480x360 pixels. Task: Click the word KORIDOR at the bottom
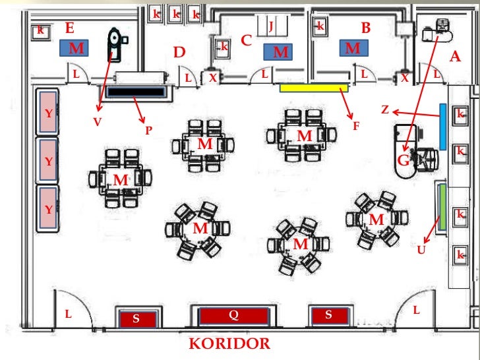pyautogui.click(x=229, y=344)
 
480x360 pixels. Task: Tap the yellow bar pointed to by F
pyautogui.click(x=313, y=88)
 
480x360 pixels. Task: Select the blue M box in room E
pyautogui.click(x=77, y=48)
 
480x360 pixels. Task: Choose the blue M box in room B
pyautogui.click(x=353, y=48)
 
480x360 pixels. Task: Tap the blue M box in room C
pyautogui.click(x=280, y=51)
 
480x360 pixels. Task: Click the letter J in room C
pyautogui.click(x=270, y=25)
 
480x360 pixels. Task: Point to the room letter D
pyautogui.click(x=179, y=52)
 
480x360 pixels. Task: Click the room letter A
pyautogui.click(x=454, y=57)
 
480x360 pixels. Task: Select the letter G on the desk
pyautogui.click(x=403, y=160)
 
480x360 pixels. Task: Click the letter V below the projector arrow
pyautogui.click(x=98, y=121)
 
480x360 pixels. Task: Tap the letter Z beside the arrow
pyautogui.click(x=385, y=109)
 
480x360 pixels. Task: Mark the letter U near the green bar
pyautogui.click(x=421, y=249)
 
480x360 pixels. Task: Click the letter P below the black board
pyautogui.click(x=149, y=131)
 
